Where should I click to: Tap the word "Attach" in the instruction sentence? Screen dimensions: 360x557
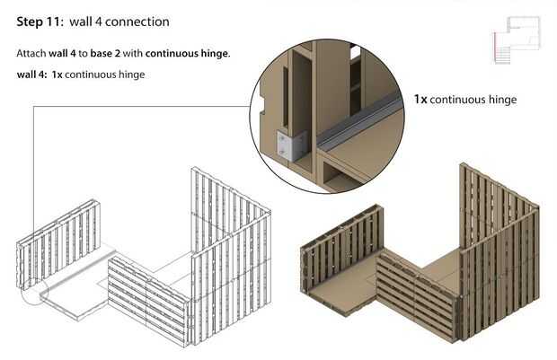(32, 54)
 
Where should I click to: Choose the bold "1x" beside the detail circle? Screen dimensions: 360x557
(420, 100)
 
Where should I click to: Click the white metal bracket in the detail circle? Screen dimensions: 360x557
(291, 142)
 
